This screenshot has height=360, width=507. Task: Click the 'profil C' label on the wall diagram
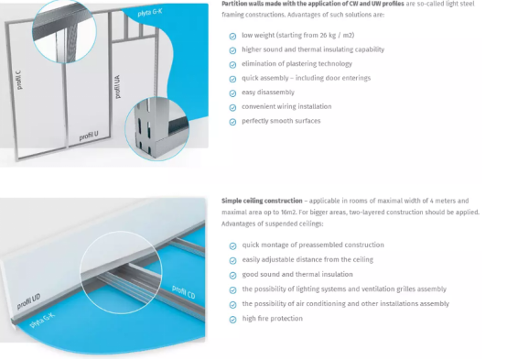pyautogui.click(x=18, y=80)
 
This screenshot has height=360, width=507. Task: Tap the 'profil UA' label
pyautogui.click(x=118, y=87)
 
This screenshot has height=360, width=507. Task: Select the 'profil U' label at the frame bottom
pyautogui.click(x=89, y=136)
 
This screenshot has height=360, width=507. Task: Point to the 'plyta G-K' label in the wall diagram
pyautogui.click(x=150, y=13)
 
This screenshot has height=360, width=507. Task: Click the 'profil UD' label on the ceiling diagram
pyautogui.click(x=28, y=301)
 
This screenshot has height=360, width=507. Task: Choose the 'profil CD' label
pyautogui.click(x=184, y=291)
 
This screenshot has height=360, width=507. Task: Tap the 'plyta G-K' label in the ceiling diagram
pyautogui.click(x=42, y=321)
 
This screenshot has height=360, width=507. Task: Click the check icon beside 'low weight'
pyautogui.click(x=232, y=37)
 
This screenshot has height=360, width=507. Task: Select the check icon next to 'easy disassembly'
pyautogui.click(x=232, y=93)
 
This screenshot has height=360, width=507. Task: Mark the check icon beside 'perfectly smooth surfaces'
pyautogui.click(x=232, y=122)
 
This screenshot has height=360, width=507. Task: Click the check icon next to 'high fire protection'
pyautogui.click(x=232, y=320)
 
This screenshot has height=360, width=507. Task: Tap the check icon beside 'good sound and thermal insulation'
pyautogui.click(x=232, y=275)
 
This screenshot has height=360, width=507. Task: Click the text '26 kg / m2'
pyautogui.click(x=337, y=36)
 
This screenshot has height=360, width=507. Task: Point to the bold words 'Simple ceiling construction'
pyautogui.click(x=262, y=201)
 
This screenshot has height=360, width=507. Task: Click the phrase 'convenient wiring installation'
pyautogui.click(x=286, y=106)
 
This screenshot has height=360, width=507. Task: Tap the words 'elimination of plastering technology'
pyautogui.click(x=297, y=64)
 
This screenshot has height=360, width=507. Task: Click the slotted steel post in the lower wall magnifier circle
pyautogui.click(x=145, y=128)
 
